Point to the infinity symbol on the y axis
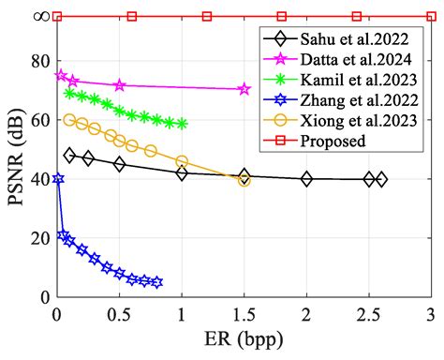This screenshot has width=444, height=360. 39,16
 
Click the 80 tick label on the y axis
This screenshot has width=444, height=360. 39,61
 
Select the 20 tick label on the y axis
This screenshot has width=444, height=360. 39,238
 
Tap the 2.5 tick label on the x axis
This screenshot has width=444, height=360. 368,313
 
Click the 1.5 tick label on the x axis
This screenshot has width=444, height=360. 244,313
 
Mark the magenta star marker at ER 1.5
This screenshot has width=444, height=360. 244,89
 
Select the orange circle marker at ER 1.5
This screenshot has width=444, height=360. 244,180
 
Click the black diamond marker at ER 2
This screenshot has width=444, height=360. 306,179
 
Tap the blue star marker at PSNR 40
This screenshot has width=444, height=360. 58,178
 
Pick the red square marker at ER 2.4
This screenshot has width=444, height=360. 356,16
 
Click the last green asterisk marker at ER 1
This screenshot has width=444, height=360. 182,124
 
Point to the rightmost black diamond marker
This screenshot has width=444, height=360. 380,179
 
